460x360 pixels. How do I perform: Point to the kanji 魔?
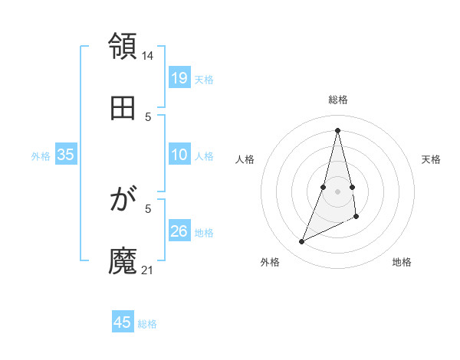coord(123,262)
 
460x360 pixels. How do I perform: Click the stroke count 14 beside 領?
coord(148,55)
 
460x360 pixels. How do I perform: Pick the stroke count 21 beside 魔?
coord(148,270)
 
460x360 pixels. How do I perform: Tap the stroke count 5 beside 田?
coord(148,116)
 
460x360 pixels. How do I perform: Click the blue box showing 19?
coord(179,78)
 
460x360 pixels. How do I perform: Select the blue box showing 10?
coord(179,155)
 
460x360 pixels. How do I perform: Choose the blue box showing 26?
coord(179,231)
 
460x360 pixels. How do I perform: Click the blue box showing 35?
coord(65,155)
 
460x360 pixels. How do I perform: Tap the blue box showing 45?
coord(123,322)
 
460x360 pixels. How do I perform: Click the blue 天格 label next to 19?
coord(204,79)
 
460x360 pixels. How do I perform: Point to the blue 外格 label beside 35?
coord(41,155)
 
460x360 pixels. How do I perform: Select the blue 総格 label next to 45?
coord(147,324)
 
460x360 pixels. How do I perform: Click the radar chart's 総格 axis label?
coord(338,100)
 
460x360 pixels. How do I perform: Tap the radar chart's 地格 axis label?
coord(402,262)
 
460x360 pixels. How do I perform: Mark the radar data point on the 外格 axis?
coord(302,242)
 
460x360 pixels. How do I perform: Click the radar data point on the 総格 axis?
coord(338,129)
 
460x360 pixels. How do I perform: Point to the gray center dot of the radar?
coord(338,191)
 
